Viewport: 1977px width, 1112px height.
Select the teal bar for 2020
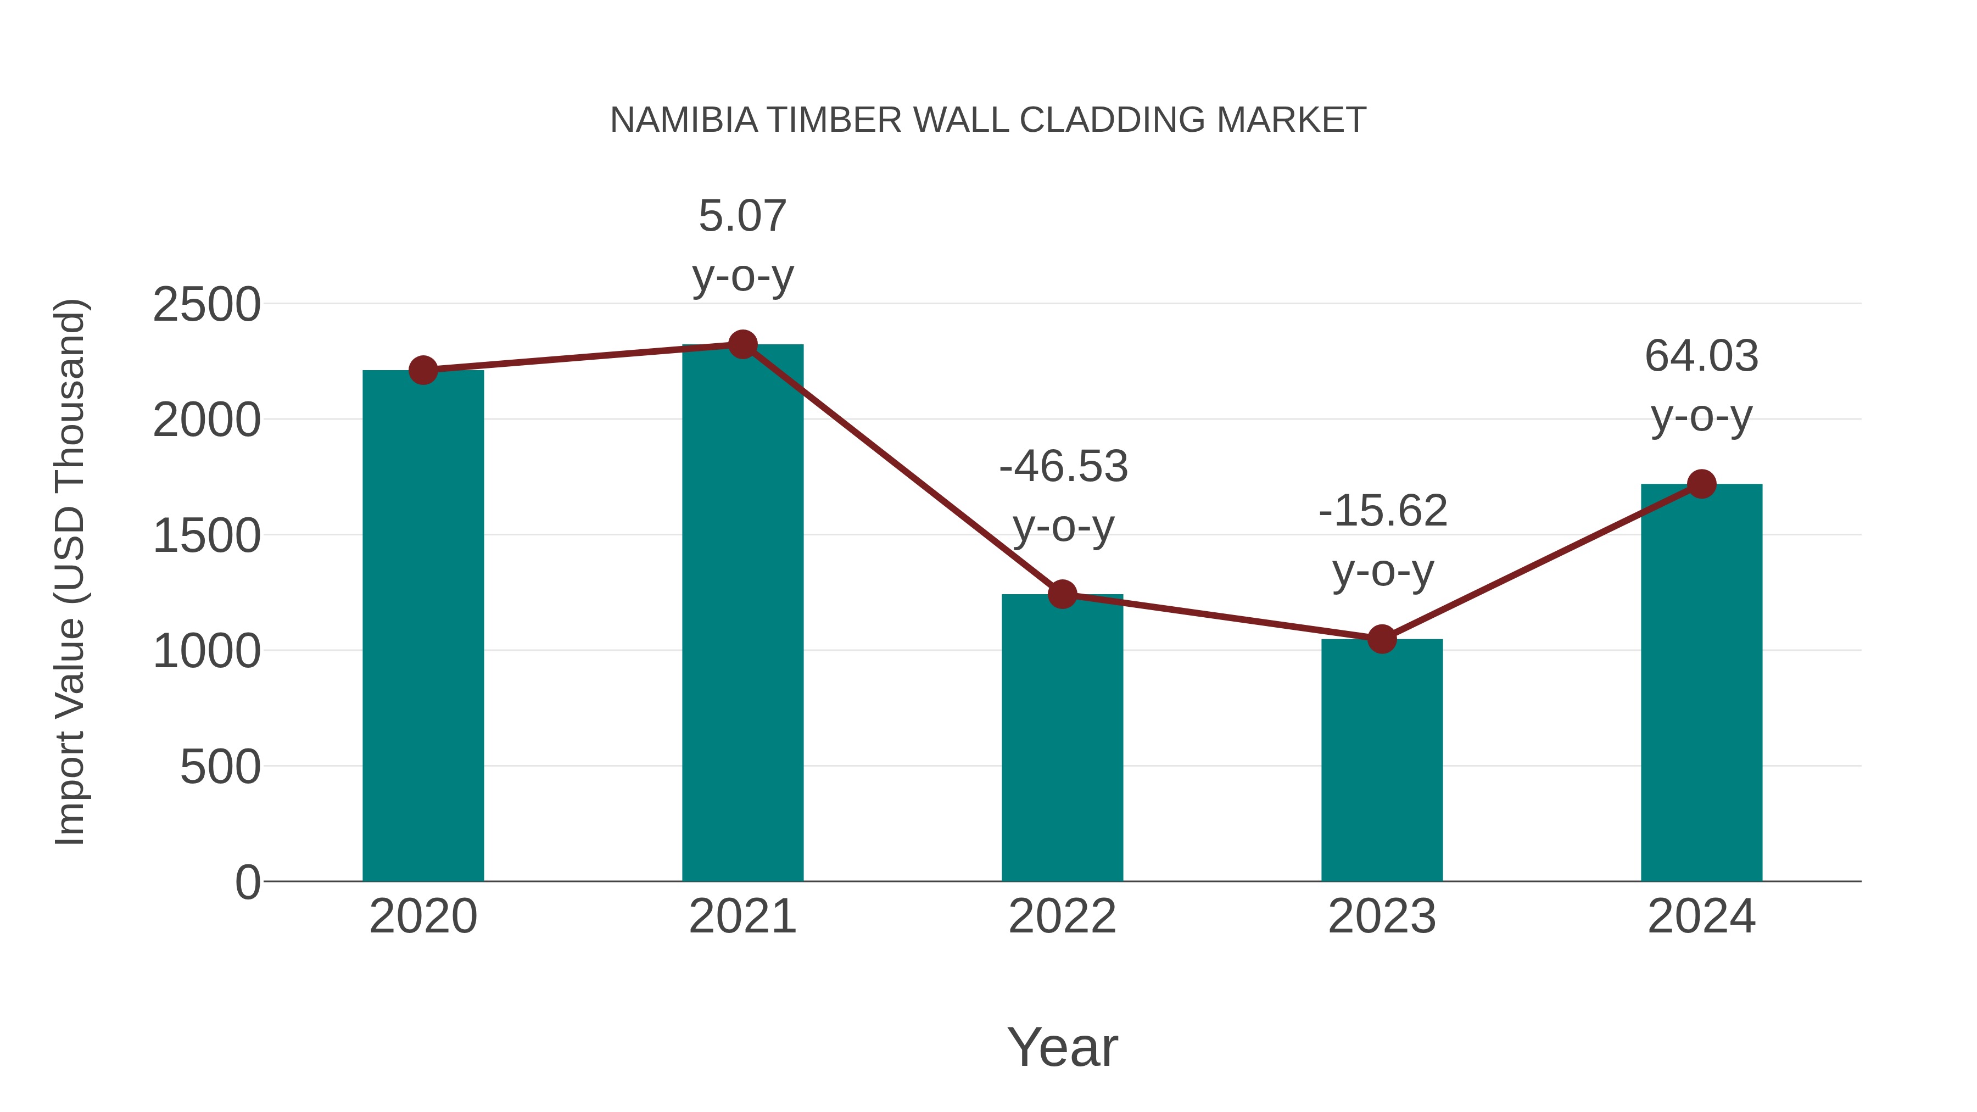pos(423,625)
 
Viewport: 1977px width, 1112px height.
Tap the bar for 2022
pos(1062,737)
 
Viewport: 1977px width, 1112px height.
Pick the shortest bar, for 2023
pos(1382,760)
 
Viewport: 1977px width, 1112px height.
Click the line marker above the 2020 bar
pos(423,371)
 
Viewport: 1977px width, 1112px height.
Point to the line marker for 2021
pos(742,344)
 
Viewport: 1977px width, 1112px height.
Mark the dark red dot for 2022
pos(1062,594)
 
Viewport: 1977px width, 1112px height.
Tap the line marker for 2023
pos(1382,639)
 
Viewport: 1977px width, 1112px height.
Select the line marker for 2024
pos(1701,484)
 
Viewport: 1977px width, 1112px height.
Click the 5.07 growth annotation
pos(742,216)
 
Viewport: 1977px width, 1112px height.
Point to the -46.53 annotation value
pos(1063,467)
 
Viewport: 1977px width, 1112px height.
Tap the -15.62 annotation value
pos(1382,511)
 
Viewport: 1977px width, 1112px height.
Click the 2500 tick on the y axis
pos(206,305)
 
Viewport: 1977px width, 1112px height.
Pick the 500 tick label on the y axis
pos(220,767)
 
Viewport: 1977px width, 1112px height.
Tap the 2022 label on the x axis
pos(1062,917)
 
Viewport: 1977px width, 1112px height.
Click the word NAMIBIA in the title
pos(683,120)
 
